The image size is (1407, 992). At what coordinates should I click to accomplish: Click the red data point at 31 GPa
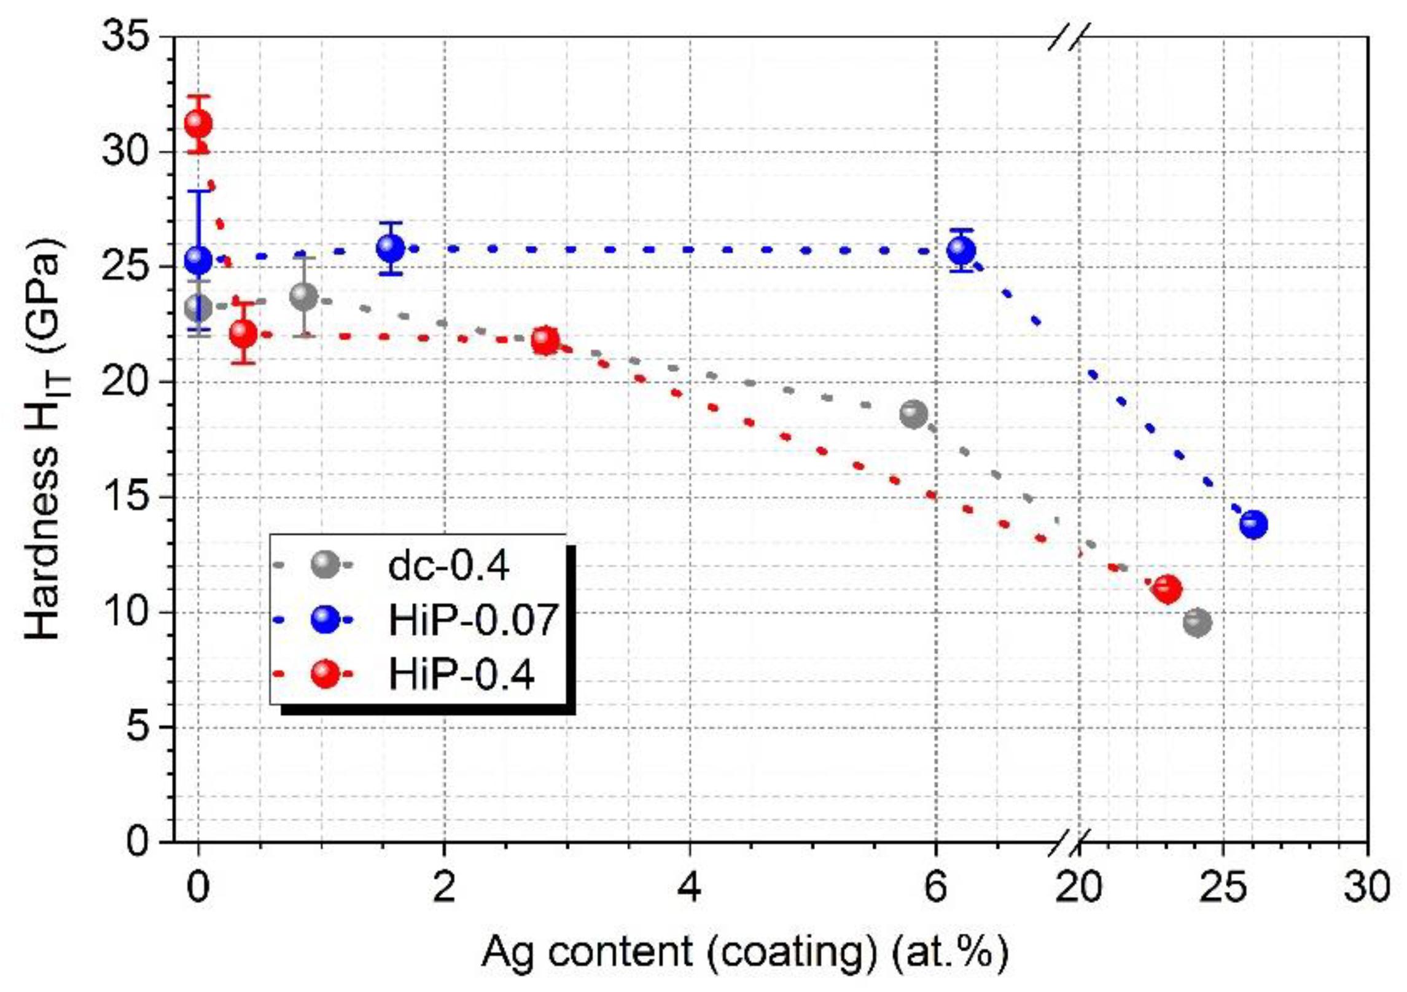pyautogui.click(x=198, y=124)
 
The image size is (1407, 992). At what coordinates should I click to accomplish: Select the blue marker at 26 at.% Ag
pyautogui.click(x=1253, y=524)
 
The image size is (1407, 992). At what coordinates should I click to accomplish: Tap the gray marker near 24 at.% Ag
pyautogui.click(x=1197, y=623)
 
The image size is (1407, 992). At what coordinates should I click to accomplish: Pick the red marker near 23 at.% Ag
pyautogui.click(x=1167, y=589)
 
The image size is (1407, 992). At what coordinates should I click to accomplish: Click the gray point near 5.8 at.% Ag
pyautogui.click(x=913, y=415)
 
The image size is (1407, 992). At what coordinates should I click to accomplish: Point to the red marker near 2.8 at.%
pyautogui.click(x=545, y=341)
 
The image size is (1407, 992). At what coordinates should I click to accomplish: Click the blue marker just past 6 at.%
pyautogui.click(x=961, y=251)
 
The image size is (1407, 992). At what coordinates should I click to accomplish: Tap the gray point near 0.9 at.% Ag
pyautogui.click(x=304, y=297)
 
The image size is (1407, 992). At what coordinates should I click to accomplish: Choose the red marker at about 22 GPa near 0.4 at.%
pyautogui.click(x=243, y=334)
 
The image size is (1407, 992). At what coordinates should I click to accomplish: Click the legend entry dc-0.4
pyautogui.click(x=448, y=566)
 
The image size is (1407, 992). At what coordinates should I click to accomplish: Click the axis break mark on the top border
pyautogui.click(x=1069, y=37)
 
